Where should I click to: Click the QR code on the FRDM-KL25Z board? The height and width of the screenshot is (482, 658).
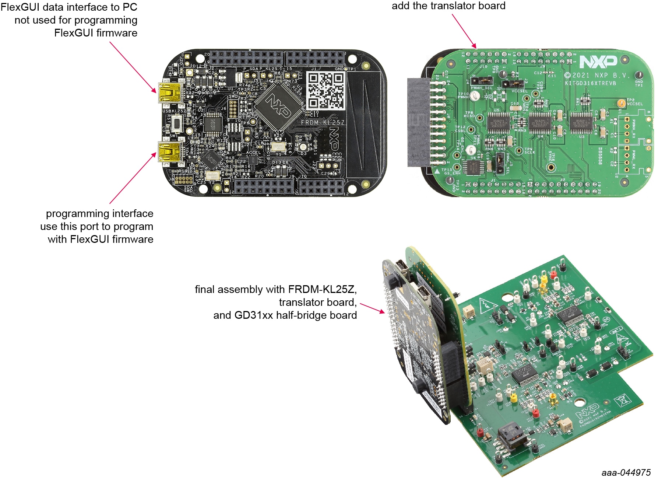pyautogui.click(x=326, y=91)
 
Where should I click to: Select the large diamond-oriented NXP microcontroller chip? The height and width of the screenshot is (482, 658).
pyautogui.click(x=278, y=106)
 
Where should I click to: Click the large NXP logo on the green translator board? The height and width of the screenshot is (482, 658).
pyautogui.click(x=598, y=62)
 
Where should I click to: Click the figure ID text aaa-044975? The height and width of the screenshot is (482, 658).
pyautogui.click(x=626, y=472)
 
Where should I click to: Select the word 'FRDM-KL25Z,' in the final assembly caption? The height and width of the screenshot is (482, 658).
pyautogui.click(x=323, y=290)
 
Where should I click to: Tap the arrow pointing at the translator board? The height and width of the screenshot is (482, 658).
pyautogui.click(x=464, y=31)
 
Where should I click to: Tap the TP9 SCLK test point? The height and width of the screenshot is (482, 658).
pyautogui.click(x=519, y=151)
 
